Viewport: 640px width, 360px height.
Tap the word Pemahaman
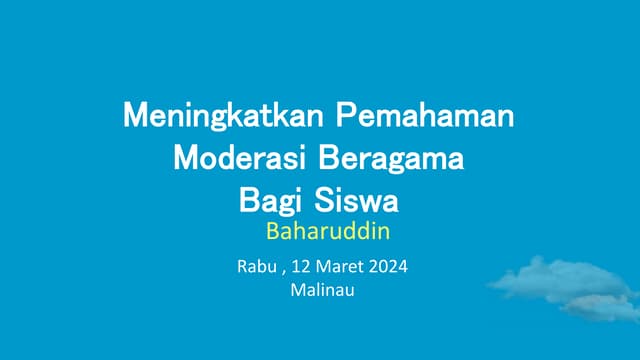(424, 115)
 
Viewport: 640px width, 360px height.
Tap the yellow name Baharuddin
(326, 233)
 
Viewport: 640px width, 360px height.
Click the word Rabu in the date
(254, 267)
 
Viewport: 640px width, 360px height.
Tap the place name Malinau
(321, 291)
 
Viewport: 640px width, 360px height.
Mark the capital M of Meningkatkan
(133, 115)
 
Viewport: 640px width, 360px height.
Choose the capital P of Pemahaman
(344, 115)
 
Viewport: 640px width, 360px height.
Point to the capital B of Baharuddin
(272, 233)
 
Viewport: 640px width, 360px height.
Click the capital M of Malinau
(295, 291)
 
